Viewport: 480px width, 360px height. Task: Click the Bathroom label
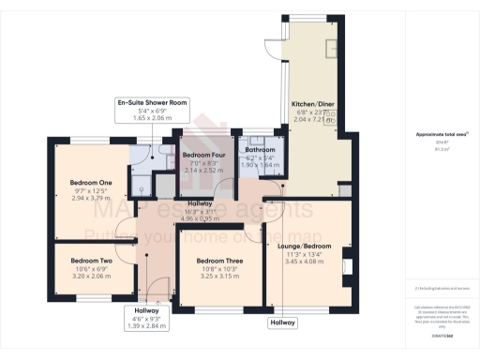pos(260,149)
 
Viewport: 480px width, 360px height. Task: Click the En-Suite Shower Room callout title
pos(153,102)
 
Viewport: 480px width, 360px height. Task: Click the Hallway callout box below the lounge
pos(282,322)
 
